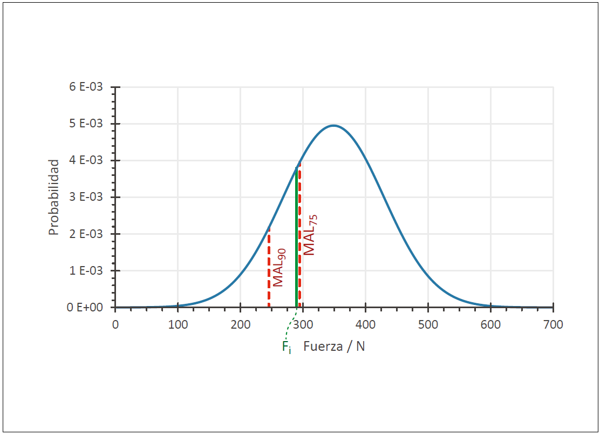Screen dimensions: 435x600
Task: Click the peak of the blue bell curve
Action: click(334, 126)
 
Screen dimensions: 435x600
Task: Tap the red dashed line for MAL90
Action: click(269, 270)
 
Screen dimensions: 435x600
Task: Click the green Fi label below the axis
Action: click(287, 347)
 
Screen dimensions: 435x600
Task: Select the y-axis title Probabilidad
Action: click(53, 197)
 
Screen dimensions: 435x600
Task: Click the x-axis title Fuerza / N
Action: click(334, 346)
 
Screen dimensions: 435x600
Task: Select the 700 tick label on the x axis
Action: click(553, 324)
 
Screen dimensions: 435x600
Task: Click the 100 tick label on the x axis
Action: click(178, 324)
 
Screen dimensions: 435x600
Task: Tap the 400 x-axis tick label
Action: click(365, 324)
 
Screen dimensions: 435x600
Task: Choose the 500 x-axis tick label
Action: click(428, 324)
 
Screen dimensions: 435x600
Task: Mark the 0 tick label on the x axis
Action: click(115, 324)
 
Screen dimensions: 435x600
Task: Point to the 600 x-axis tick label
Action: click(490, 324)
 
